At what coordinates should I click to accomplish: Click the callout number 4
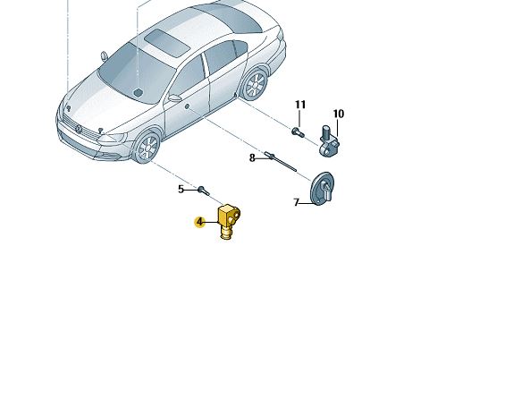200,222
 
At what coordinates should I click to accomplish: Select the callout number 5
181,190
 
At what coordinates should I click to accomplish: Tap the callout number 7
297,202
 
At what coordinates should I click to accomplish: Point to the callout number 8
252,157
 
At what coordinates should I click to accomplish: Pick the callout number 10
339,114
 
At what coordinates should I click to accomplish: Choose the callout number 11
300,105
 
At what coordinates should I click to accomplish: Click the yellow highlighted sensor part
230,222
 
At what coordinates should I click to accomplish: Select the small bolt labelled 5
204,191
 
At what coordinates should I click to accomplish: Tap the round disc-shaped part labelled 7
322,188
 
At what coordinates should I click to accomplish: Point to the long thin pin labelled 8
281,162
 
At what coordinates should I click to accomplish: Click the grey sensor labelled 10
329,140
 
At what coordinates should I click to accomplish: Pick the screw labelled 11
298,132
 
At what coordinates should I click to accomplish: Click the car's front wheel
147,148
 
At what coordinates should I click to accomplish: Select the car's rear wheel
255,84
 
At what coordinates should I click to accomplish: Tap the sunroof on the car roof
167,42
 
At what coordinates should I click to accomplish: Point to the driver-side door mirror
175,98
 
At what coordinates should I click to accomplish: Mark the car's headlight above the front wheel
113,138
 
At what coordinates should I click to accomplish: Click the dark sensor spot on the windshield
138,92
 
